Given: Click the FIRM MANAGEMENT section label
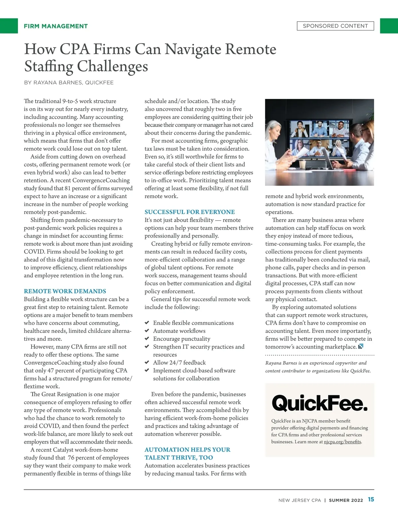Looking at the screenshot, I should [x=56, y=26].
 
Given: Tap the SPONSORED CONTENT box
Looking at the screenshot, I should [x=335, y=26].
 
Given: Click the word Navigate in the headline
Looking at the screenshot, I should [x=193, y=49].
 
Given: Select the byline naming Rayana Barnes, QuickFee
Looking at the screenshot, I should [x=69, y=83].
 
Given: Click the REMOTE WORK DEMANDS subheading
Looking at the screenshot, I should [x=65, y=291].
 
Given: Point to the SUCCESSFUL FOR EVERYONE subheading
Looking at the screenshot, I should [x=189, y=212].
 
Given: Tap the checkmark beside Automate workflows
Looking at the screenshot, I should [x=147, y=331].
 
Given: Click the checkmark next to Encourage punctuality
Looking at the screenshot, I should [x=147, y=338].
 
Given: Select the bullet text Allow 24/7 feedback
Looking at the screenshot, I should [x=179, y=362].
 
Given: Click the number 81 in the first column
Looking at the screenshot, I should [x=68, y=188].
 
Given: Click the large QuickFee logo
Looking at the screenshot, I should [x=319, y=403].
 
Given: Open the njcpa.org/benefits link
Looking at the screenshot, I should [x=342, y=442].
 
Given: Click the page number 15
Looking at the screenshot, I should [x=371, y=499].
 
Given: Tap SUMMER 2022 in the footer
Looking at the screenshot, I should [x=346, y=500].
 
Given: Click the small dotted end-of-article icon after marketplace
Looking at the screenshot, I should [x=361, y=346].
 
